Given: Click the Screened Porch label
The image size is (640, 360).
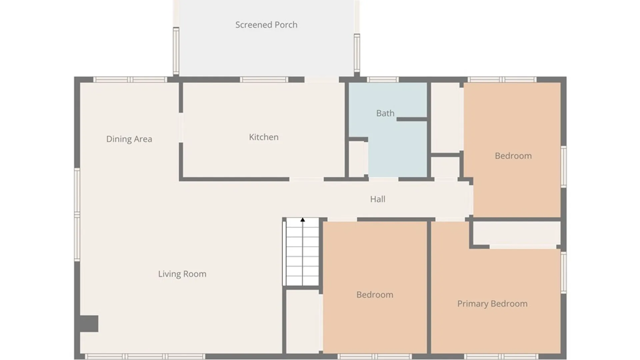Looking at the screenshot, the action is pyautogui.click(x=266, y=25).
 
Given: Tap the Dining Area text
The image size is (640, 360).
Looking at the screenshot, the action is pyautogui.click(x=129, y=139).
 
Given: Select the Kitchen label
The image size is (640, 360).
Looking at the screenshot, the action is pyautogui.click(x=264, y=137).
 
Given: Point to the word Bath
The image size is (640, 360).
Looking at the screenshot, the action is pyautogui.click(x=385, y=113).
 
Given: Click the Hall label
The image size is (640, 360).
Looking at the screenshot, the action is pyautogui.click(x=378, y=199).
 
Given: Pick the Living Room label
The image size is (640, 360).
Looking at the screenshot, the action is pyautogui.click(x=182, y=274).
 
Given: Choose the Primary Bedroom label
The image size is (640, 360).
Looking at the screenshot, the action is pyautogui.click(x=492, y=304).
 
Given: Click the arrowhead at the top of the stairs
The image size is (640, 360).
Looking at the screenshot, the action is pyautogui.click(x=303, y=220).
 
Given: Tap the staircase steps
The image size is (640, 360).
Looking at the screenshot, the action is pyautogui.click(x=303, y=252).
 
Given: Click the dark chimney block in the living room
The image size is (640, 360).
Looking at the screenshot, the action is pyautogui.click(x=89, y=324).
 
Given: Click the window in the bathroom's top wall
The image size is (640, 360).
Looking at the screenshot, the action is pyautogui.click(x=383, y=80).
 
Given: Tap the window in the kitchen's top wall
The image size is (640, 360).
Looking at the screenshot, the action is pyautogui.click(x=264, y=80).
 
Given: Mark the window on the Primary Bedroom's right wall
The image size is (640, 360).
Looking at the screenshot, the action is pyautogui.click(x=563, y=272).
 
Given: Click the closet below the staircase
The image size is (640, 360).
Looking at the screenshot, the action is pyautogui.click(x=303, y=321).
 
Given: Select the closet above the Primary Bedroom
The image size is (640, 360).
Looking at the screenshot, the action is pyautogui.click(x=517, y=233).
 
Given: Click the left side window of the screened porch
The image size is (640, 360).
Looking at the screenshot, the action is pyautogui.click(x=176, y=51).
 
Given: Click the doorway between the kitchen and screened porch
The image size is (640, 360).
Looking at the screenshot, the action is pyautogui.click(x=322, y=80).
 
